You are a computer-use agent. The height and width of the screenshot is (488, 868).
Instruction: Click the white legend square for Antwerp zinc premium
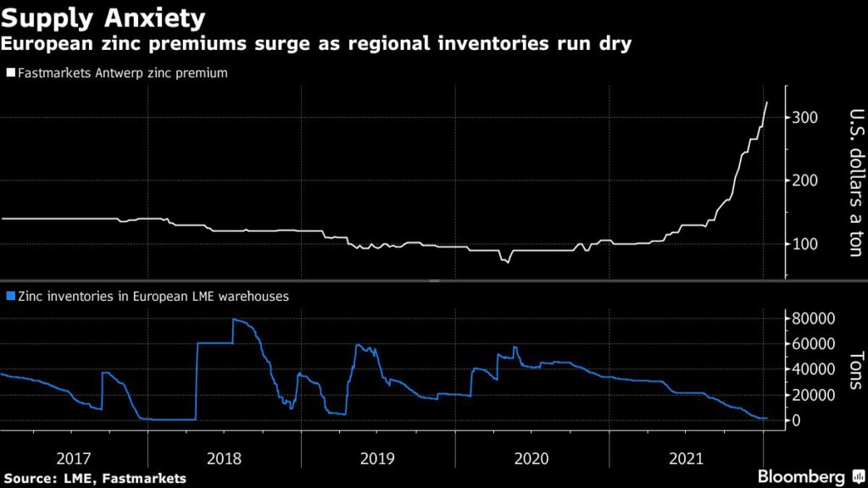(x=9, y=74)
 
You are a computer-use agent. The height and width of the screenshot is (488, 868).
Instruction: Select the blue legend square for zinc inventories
(x=9, y=297)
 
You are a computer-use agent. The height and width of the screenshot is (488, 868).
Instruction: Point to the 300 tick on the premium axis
(x=805, y=117)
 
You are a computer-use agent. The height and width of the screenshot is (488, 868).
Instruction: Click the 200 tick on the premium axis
(x=805, y=180)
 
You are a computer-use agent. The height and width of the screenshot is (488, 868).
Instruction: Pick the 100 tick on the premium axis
(x=805, y=244)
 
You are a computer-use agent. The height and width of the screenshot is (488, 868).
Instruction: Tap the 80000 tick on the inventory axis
(x=815, y=319)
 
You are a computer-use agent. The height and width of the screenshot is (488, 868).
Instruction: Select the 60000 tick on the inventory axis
(x=815, y=344)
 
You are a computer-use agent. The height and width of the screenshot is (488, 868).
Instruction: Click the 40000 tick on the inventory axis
(x=815, y=369)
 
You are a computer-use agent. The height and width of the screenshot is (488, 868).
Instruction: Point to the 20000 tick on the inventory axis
(x=815, y=395)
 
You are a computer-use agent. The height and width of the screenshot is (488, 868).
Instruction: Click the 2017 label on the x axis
(x=74, y=458)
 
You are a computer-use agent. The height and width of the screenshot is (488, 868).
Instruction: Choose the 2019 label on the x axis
(x=378, y=458)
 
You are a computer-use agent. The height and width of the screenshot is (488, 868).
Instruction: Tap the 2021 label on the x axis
(x=686, y=458)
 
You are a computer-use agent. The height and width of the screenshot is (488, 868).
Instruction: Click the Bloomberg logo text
(x=801, y=476)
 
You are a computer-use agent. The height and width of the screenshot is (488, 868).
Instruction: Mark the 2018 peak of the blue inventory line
(x=233, y=319)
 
